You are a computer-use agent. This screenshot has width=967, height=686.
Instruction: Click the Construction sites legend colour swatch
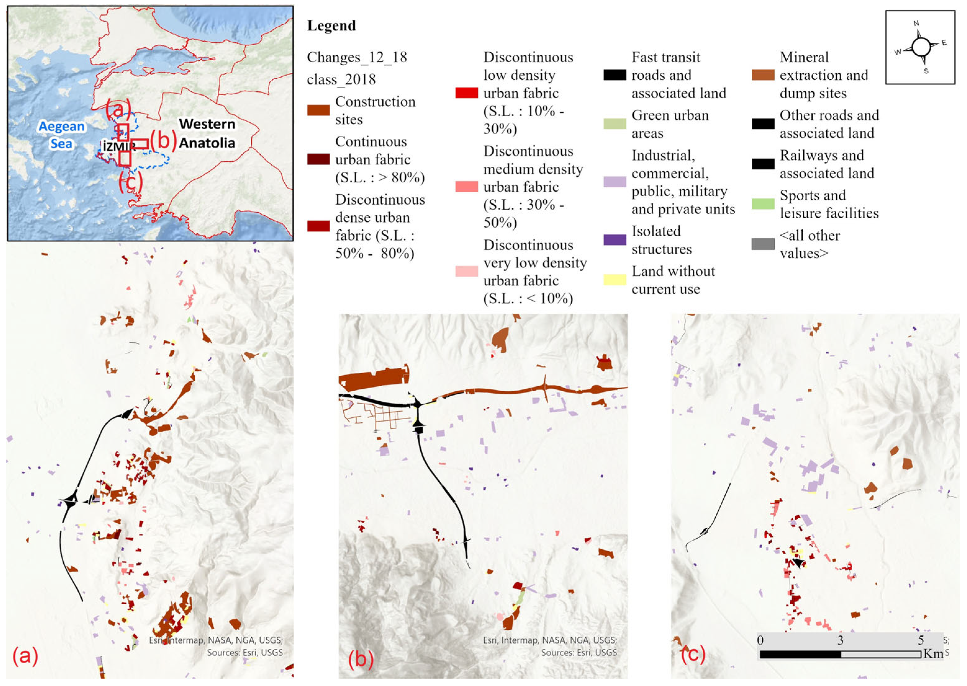(318, 111)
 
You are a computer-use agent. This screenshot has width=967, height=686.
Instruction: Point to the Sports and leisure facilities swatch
(763, 204)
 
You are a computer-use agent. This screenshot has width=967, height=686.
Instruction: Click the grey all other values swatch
(763, 244)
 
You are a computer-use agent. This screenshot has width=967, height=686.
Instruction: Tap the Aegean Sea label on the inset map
(62, 135)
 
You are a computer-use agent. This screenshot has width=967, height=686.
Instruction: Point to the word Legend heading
(331, 26)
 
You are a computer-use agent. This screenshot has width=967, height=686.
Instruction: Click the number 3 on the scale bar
(840, 640)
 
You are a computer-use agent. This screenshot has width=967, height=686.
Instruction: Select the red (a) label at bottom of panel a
(25, 656)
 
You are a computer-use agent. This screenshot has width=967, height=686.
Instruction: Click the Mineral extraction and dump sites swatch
(763, 75)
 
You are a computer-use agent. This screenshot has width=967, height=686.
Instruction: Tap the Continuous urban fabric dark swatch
(318, 159)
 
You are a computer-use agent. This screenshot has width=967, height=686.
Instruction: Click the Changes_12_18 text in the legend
(357, 57)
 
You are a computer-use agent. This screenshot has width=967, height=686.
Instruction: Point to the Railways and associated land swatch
(763, 164)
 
